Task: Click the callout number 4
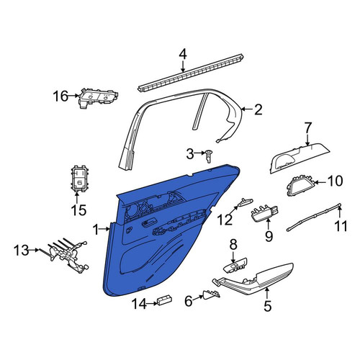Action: [x=183, y=55]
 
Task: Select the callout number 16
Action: [x=61, y=96]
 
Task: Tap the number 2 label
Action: [x=258, y=109]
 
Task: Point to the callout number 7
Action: [x=308, y=128]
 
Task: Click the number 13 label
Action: [x=21, y=251]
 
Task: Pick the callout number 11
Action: [x=341, y=226]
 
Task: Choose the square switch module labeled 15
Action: [x=80, y=179]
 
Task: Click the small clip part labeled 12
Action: [x=245, y=202]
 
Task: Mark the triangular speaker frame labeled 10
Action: [x=300, y=186]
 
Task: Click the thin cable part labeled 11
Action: [x=313, y=217]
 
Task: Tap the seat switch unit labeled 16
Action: [x=99, y=97]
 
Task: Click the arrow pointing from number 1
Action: [x=104, y=230]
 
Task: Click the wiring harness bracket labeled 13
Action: [x=68, y=255]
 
